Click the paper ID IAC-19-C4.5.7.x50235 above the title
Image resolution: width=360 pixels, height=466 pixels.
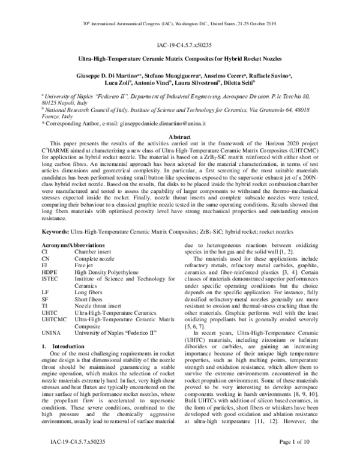(180, 45)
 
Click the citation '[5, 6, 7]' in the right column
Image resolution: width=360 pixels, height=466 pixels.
(198, 311)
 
